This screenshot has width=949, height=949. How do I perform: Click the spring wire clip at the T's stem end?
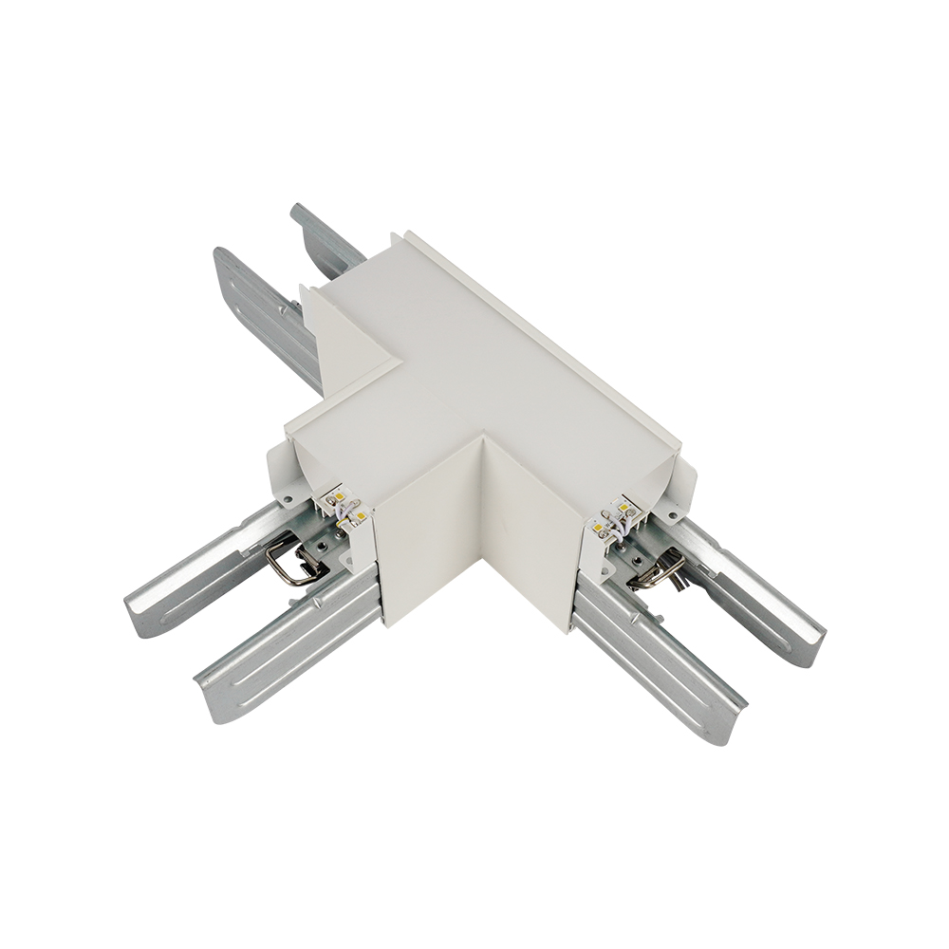pyautogui.click(x=289, y=562)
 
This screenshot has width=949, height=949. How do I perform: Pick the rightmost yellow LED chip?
pyautogui.click(x=625, y=510)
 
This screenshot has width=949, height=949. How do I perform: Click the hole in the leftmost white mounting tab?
pyautogui.click(x=283, y=494)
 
